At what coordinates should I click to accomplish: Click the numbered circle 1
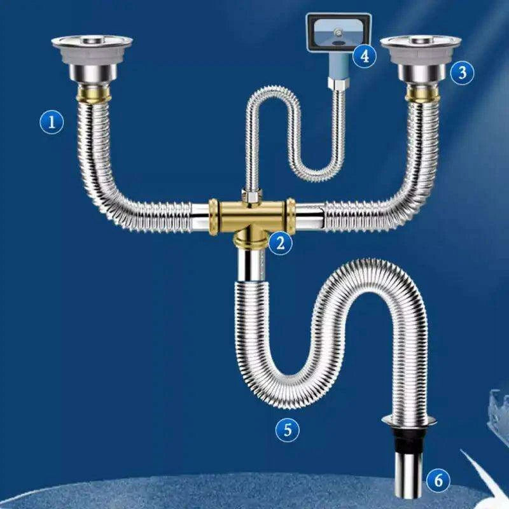tap(52, 122)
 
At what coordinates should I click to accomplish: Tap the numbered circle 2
tap(280, 243)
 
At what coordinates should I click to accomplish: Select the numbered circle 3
tap(463, 73)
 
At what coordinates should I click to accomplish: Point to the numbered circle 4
tap(365, 56)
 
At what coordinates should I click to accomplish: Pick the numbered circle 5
tap(288, 429)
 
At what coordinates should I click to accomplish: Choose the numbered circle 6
tap(438, 480)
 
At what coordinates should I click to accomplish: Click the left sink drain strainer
tap(92, 60)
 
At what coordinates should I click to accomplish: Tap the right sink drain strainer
tap(421, 60)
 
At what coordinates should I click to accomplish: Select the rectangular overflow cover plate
tap(339, 32)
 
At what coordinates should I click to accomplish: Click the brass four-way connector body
tap(252, 217)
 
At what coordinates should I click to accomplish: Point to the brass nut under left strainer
tap(94, 94)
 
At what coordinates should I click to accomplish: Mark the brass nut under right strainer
tap(422, 93)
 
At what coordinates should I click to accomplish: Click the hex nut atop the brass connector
tap(252, 196)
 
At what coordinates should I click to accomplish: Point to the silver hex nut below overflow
tap(338, 83)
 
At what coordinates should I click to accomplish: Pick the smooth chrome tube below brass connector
tap(252, 263)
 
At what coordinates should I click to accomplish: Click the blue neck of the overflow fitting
tap(339, 65)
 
